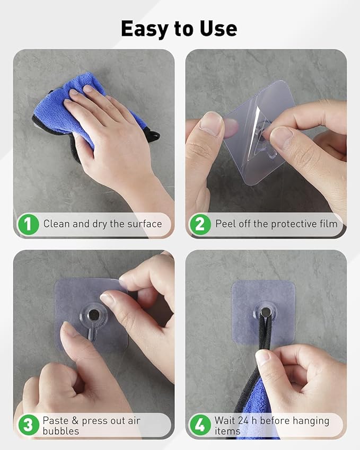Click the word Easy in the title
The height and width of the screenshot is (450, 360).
(145, 29)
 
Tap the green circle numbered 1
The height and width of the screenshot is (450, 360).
(28, 224)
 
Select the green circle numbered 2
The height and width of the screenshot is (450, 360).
(200, 224)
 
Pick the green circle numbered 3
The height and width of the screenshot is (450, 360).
(28, 425)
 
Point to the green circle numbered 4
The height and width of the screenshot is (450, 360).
(200, 425)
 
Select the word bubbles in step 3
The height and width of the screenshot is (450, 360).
(61, 431)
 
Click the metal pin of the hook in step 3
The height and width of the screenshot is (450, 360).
(94, 315)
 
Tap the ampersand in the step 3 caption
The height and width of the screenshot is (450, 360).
(75, 421)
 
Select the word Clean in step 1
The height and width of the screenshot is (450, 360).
(57, 224)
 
